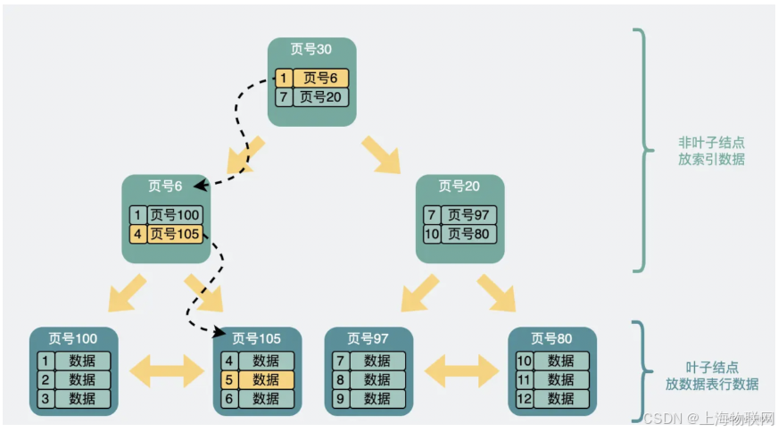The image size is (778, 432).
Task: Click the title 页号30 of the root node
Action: point(311,50)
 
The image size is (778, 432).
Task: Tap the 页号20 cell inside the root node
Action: point(320,96)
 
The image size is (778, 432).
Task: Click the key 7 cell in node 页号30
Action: point(284,96)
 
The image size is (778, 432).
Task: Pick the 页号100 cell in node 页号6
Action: point(175,215)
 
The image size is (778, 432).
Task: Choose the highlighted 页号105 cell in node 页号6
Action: point(175,234)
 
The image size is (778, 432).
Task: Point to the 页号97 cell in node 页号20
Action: point(468,215)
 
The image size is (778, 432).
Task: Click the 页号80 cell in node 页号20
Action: point(468,234)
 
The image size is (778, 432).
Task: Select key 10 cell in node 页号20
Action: point(432,234)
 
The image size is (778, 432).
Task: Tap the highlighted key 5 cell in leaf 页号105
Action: point(228,379)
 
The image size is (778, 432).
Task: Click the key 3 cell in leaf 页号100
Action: point(45,398)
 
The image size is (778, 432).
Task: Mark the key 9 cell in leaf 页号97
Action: point(340,398)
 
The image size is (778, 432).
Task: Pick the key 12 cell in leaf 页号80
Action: point(524,398)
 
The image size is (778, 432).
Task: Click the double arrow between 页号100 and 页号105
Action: point(169,370)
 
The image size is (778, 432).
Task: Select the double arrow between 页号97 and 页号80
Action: point(460,370)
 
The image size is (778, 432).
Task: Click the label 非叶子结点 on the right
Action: point(711,143)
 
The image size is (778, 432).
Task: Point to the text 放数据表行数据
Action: point(711,384)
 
